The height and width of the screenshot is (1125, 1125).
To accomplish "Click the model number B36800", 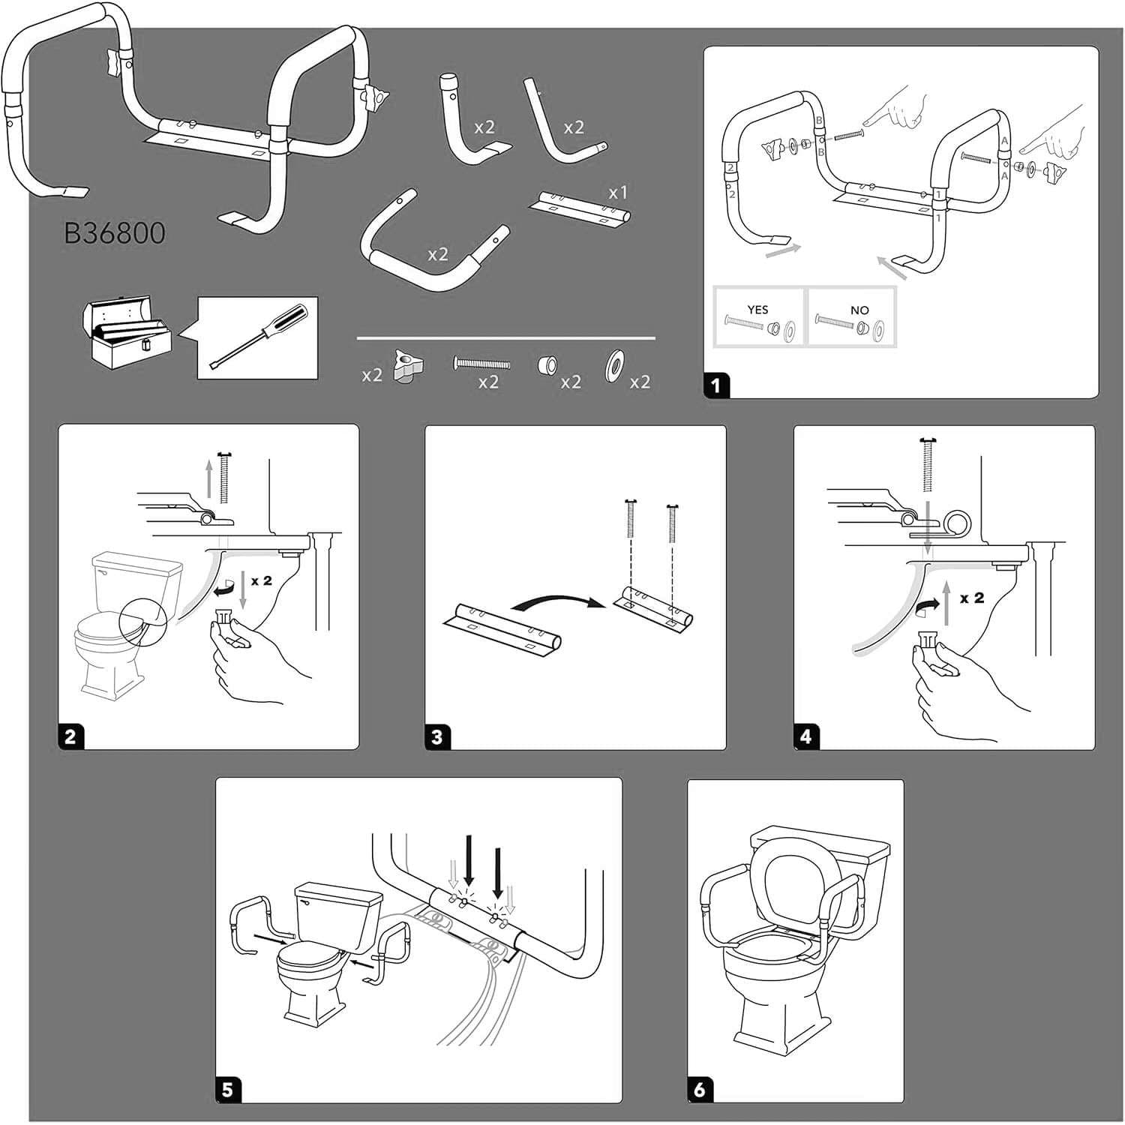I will click(x=115, y=233).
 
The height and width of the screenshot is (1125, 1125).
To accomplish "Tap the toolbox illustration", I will click(x=125, y=334).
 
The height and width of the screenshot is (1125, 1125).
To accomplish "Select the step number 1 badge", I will click(x=715, y=385).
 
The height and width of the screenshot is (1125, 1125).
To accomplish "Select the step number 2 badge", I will click(x=70, y=736).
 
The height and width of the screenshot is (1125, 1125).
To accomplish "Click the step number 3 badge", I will click(x=437, y=736).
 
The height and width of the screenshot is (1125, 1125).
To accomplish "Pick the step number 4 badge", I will click(x=805, y=736).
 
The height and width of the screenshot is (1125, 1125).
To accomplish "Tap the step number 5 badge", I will click(x=228, y=1090).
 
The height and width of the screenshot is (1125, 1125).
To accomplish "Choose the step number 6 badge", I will click(x=700, y=1090).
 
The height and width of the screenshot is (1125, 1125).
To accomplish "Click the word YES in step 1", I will click(x=757, y=310).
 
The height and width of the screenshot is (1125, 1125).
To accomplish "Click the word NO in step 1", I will click(x=859, y=310).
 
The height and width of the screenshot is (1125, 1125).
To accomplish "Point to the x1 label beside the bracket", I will click(x=617, y=193).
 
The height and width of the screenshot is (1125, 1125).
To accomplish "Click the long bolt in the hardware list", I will click(x=482, y=364).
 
